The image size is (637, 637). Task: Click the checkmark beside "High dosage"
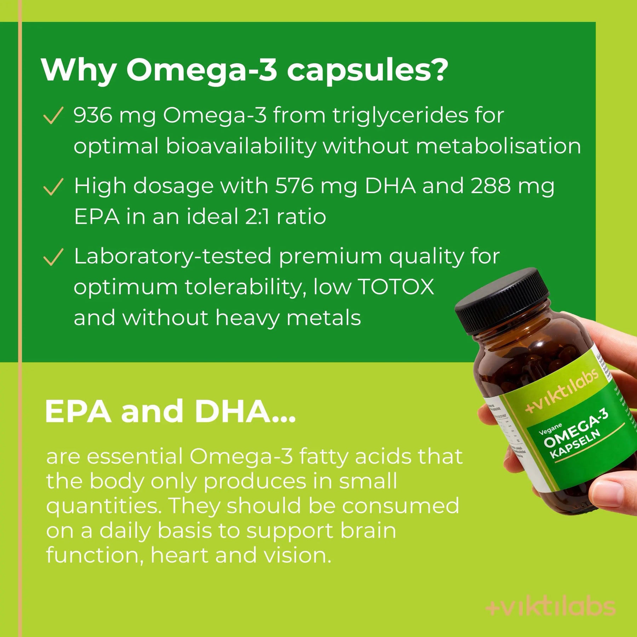coord(53,187)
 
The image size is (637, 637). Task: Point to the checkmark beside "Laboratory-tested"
coord(53,257)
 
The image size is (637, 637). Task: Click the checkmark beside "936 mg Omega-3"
coord(53,116)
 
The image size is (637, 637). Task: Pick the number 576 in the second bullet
coord(294,186)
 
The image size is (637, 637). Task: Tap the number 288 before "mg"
coord(490,186)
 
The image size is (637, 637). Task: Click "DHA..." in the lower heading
coord(244,411)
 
